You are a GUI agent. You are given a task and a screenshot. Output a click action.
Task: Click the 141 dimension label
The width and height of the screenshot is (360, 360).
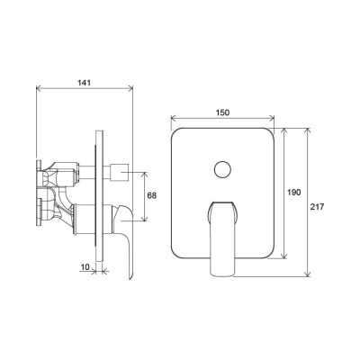[x=85, y=82]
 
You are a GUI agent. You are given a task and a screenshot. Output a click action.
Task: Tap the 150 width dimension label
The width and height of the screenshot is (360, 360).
[x=222, y=112]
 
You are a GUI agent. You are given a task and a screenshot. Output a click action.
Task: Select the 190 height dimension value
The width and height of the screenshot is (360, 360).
[x=294, y=193]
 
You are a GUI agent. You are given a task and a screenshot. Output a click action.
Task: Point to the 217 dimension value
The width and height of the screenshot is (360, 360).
[x=318, y=207]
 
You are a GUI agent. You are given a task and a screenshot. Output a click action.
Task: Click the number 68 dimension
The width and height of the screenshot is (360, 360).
[x=152, y=195]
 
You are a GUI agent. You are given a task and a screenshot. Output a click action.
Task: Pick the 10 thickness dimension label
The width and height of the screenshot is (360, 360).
[x=85, y=267]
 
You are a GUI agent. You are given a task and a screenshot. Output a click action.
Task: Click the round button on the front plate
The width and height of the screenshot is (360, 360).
[x=223, y=170]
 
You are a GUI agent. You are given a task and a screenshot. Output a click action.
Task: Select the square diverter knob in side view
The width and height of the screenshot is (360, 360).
[x=120, y=173]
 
